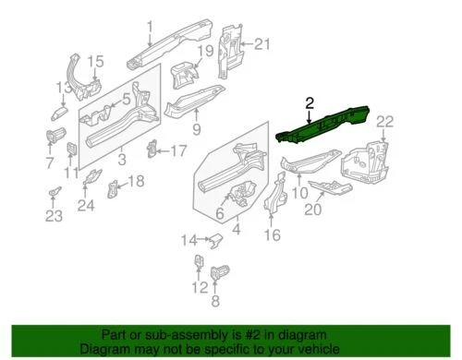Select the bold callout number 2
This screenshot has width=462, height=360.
coord(310,103)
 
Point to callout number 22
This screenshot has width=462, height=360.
coord(384,121)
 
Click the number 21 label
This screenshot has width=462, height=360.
coord(262,43)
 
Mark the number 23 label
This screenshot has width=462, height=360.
coord(54,216)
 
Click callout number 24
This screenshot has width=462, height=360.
coord(86,205)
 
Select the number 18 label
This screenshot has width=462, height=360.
coord(136,182)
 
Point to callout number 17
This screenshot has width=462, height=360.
coord(177,150)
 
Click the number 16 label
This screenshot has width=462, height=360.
coord(271,234)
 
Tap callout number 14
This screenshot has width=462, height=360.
coord(189,241)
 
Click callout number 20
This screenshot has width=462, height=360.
coord(312,210)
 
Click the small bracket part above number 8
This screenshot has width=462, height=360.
coord(220,273)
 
